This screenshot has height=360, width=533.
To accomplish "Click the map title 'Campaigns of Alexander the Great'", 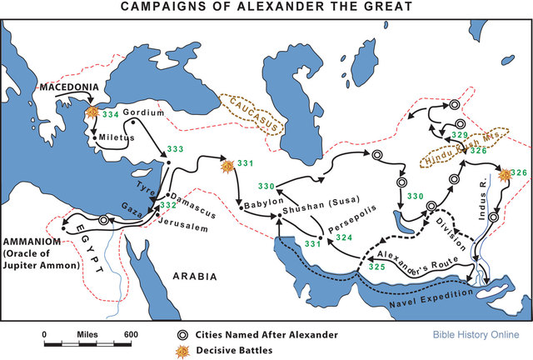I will pos(266,7).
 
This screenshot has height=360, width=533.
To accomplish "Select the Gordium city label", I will pos(139,112).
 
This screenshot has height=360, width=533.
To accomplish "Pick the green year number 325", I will pos(376,267).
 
